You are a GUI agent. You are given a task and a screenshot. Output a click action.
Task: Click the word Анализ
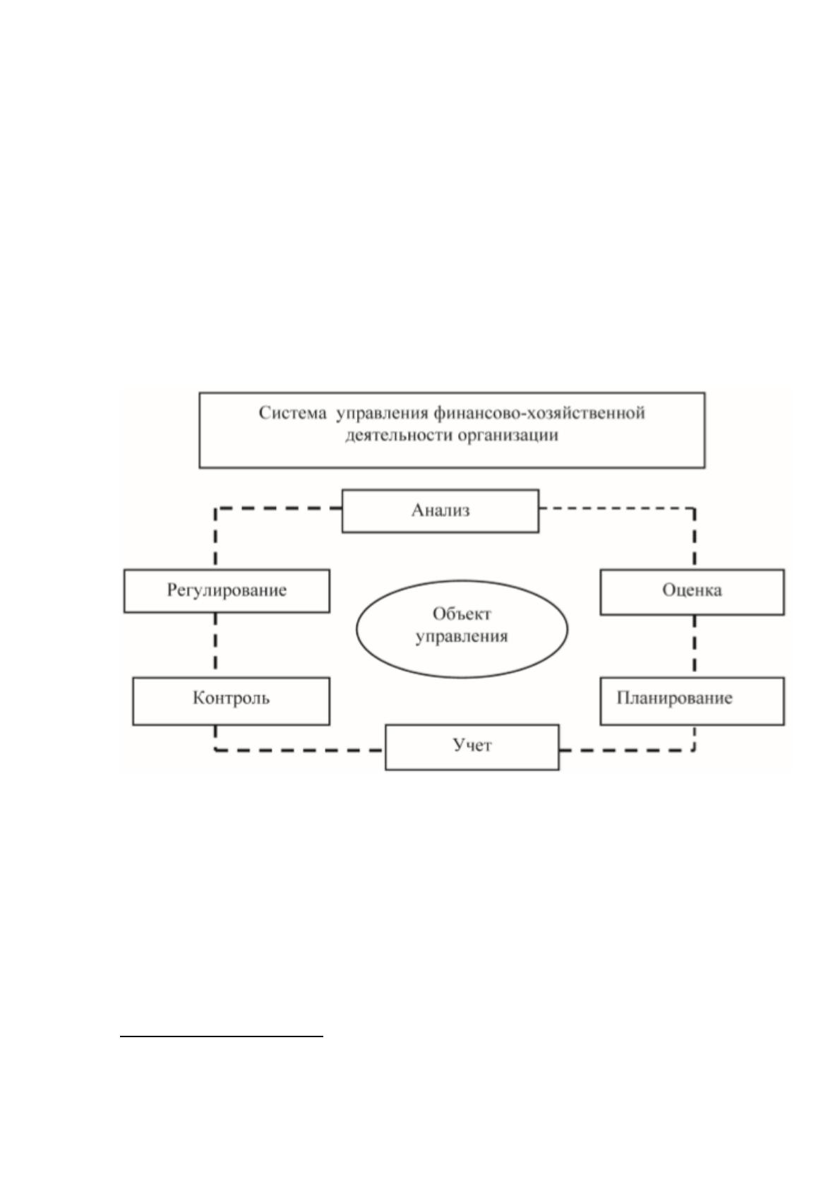click(x=440, y=510)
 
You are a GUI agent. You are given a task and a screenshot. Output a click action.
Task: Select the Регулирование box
click(x=227, y=591)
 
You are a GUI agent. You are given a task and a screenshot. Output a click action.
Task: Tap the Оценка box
click(x=692, y=592)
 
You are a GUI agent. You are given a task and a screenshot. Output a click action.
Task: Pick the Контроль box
click(x=231, y=700)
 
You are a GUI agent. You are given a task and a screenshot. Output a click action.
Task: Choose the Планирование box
click(x=692, y=700)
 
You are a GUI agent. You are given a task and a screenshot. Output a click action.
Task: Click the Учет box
click(x=472, y=747)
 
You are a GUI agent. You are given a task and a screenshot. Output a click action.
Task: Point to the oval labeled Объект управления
click(x=462, y=628)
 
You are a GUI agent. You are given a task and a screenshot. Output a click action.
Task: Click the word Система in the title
click(x=292, y=412)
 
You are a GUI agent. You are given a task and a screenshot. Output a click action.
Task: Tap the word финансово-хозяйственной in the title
click(x=539, y=412)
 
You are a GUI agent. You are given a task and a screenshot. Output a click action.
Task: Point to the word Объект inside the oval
click(x=461, y=614)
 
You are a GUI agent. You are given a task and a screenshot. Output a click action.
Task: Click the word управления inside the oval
click(x=462, y=636)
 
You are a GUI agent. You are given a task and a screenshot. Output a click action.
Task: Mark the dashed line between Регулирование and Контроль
click(x=215, y=645)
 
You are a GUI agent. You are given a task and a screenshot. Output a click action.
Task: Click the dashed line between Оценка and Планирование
click(x=695, y=646)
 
